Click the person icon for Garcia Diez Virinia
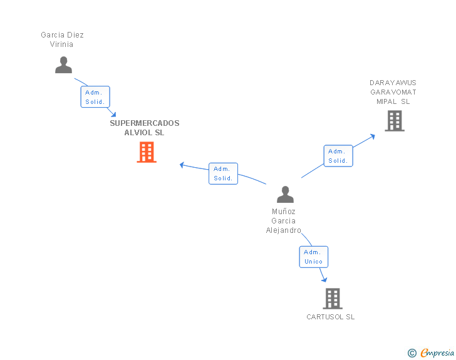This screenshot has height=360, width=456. click(x=63, y=65)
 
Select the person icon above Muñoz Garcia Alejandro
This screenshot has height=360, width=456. click(x=285, y=194)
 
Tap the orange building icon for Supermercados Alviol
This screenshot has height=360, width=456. click(x=147, y=152)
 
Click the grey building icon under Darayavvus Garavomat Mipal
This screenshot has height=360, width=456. click(x=395, y=121)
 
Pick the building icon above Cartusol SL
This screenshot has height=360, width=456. click(x=333, y=299)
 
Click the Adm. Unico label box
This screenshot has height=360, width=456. click(x=313, y=257)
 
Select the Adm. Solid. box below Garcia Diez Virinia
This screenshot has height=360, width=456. click(x=95, y=97)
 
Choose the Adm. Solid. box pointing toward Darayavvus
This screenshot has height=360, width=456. click(x=338, y=156)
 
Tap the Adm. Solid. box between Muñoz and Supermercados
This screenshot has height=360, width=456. click(x=223, y=173)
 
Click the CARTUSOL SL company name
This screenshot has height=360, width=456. click(x=330, y=317)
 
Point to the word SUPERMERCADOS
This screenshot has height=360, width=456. click(x=145, y=123)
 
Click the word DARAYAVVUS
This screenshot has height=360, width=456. click(x=393, y=83)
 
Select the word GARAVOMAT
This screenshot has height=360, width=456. click(x=393, y=92)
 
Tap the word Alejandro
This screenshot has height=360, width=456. click(x=284, y=230)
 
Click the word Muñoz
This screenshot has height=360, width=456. click(x=284, y=212)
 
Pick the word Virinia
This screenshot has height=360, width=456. click(x=61, y=44)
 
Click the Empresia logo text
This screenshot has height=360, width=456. click(x=437, y=352)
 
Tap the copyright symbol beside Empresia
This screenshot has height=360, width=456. click(x=412, y=353)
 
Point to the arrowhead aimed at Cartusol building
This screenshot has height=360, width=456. click(x=324, y=279)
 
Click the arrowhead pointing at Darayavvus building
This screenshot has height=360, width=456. click(x=372, y=136)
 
